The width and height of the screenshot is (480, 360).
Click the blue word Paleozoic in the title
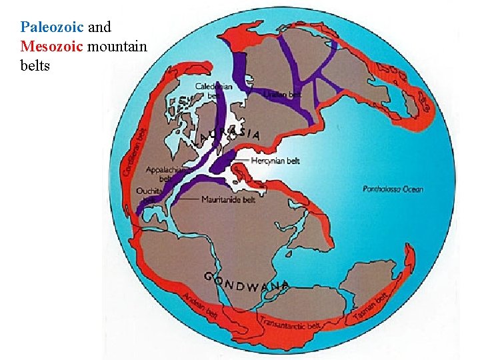point(52,28)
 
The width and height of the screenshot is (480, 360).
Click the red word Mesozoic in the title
point(52,47)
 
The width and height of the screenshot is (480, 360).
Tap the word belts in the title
point(35,66)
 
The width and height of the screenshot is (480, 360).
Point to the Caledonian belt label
point(213,91)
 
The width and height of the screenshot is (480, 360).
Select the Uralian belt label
point(283,95)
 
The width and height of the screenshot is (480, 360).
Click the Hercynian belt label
point(275,161)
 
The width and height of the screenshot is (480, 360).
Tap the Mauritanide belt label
point(228,199)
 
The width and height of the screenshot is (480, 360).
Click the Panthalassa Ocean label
point(393,189)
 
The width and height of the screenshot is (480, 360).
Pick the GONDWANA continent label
point(247,284)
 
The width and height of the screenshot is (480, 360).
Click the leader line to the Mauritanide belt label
point(189,199)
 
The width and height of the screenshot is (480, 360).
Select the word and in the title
point(99,28)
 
